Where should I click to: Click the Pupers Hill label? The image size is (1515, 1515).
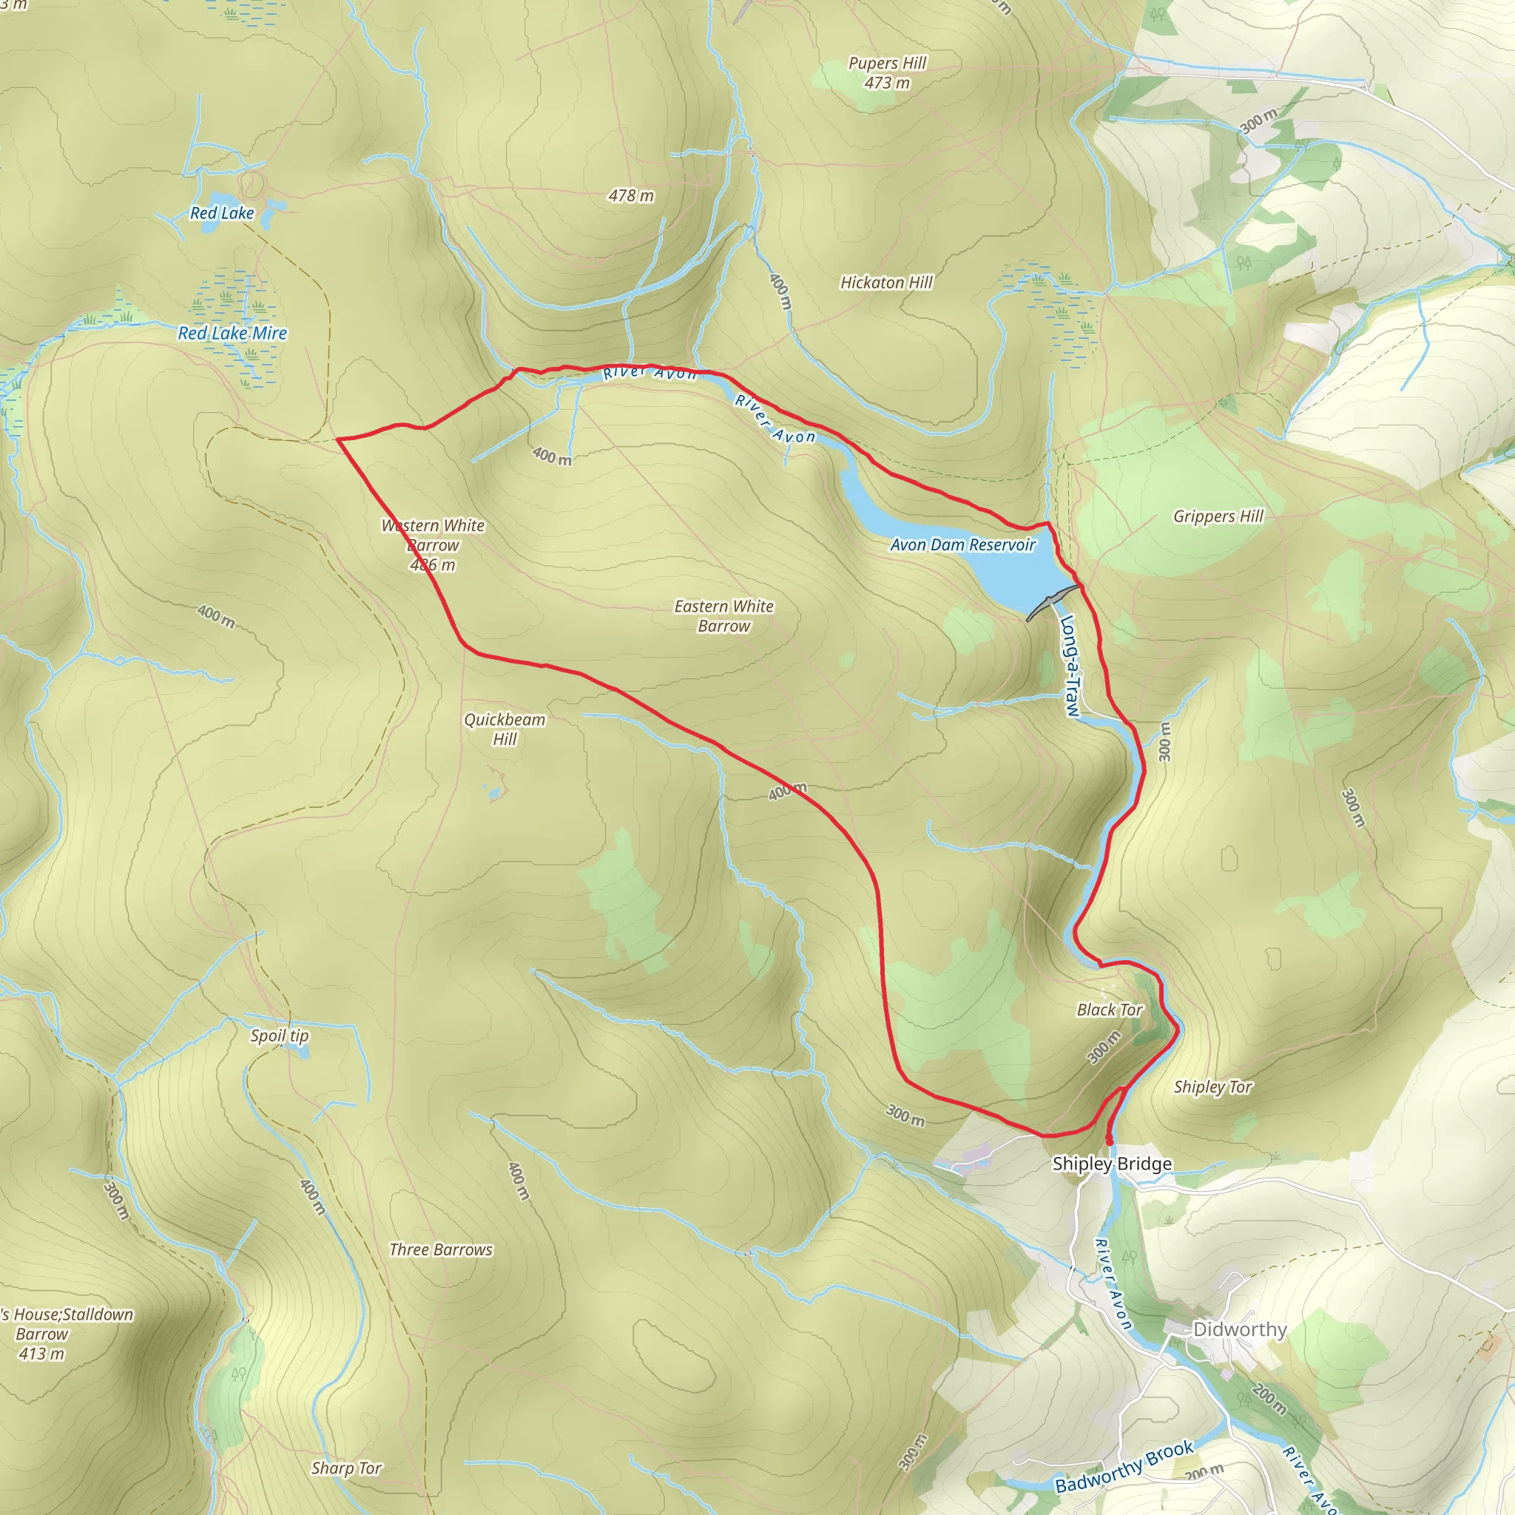coord(887,72)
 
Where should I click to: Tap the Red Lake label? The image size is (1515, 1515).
coord(222,212)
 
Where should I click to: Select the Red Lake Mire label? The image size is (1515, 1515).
coord(232,334)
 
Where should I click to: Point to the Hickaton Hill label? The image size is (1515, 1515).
coord(886,283)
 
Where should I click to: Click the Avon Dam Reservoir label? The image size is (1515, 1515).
coord(962,544)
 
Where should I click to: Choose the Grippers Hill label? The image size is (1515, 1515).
coord(1218,516)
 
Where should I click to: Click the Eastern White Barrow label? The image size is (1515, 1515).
coord(723,615)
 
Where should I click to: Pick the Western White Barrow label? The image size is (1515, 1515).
coord(433,545)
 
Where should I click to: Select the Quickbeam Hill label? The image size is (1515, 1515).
coord(505,729)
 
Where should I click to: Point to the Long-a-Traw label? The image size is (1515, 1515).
coord(1070,666)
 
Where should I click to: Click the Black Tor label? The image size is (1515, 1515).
coord(1109,1009)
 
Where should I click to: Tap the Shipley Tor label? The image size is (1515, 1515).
coord(1212,1086)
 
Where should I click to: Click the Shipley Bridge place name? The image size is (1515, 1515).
coord(1111,1164)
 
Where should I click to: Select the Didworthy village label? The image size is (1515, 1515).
coord(1239,1329)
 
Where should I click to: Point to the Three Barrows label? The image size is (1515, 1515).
coord(441,1249)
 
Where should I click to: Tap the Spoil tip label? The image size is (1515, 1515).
coord(279,1035)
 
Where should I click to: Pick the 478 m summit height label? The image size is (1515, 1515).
coord(630,195)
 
